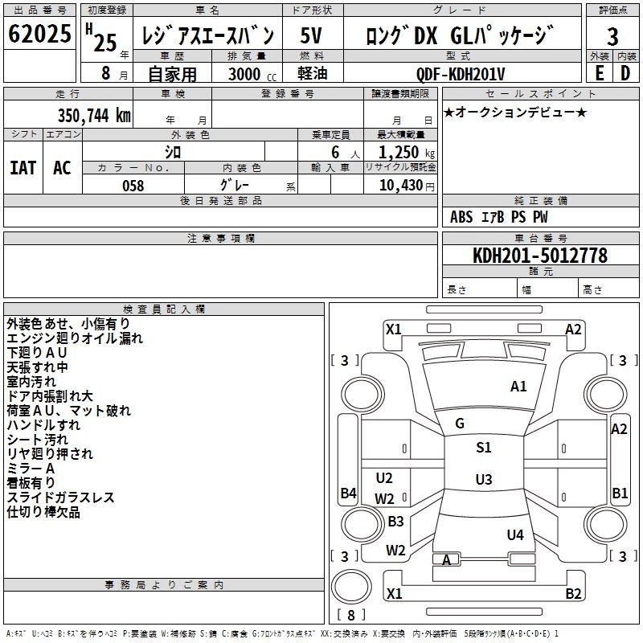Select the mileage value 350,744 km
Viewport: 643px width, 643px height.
pos(94,115)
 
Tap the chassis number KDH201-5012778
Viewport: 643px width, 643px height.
pos(539,256)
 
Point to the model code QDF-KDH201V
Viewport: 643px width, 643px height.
pos(461,74)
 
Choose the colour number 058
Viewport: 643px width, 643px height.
pos(133,185)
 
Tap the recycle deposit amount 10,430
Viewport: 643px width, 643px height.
pos(399,185)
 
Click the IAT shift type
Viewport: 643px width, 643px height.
pos(23,167)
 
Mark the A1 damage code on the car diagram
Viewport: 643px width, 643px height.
pos(519,387)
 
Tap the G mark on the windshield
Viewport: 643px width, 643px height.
pos(460,424)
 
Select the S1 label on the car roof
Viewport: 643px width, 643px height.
pos(483,448)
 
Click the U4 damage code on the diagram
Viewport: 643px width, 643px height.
pos(515,534)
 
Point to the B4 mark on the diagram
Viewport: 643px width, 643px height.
pos(347,494)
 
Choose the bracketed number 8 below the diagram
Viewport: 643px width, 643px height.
pos(351,615)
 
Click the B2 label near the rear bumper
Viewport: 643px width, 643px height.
pos(573,594)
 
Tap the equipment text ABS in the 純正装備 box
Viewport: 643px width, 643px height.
pos(461,217)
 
